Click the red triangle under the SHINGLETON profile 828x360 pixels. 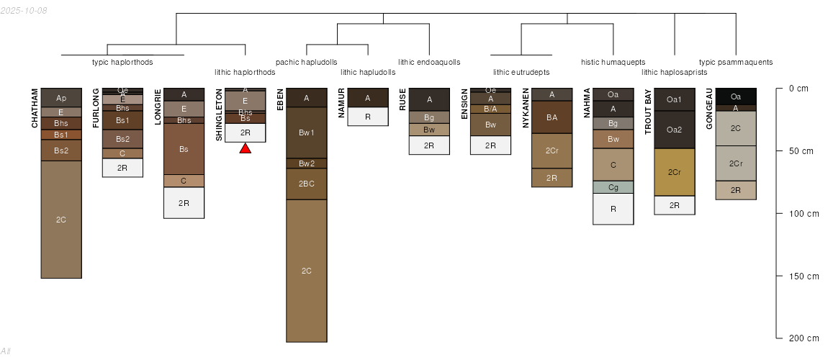pyautogui.click(x=245, y=148)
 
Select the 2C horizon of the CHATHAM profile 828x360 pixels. pyautogui.click(x=61, y=219)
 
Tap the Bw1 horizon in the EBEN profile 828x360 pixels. pyautogui.click(x=307, y=132)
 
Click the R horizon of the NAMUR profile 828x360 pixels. pyautogui.click(x=368, y=117)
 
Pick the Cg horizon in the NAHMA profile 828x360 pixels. pyautogui.click(x=613, y=187)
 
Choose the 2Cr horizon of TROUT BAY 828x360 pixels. pyautogui.click(x=675, y=172)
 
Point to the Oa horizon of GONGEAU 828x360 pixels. pyautogui.click(x=736, y=96)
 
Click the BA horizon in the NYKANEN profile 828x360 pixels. pyautogui.click(x=552, y=117)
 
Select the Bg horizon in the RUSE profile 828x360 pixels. pyautogui.click(x=429, y=117)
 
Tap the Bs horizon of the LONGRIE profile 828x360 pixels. pyautogui.click(x=184, y=149)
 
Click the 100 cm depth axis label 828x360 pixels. pyautogui.click(x=804, y=213)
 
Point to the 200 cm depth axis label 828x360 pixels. pyautogui.click(x=804, y=338)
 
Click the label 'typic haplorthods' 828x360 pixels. pyautogui.click(x=122, y=63)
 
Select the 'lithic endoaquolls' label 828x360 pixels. pyautogui.click(x=429, y=63)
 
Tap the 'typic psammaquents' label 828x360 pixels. pyautogui.click(x=736, y=63)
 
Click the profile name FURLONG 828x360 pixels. pyautogui.click(x=96, y=108)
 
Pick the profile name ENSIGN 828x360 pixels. pyautogui.click(x=464, y=104)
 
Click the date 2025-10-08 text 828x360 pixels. pyautogui.click(x=24, y=10)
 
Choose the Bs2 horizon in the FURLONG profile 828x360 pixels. pyautogui.click(x=122, y=139)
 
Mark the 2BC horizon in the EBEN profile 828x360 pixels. pyautogui.click(x=307, y=184)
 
